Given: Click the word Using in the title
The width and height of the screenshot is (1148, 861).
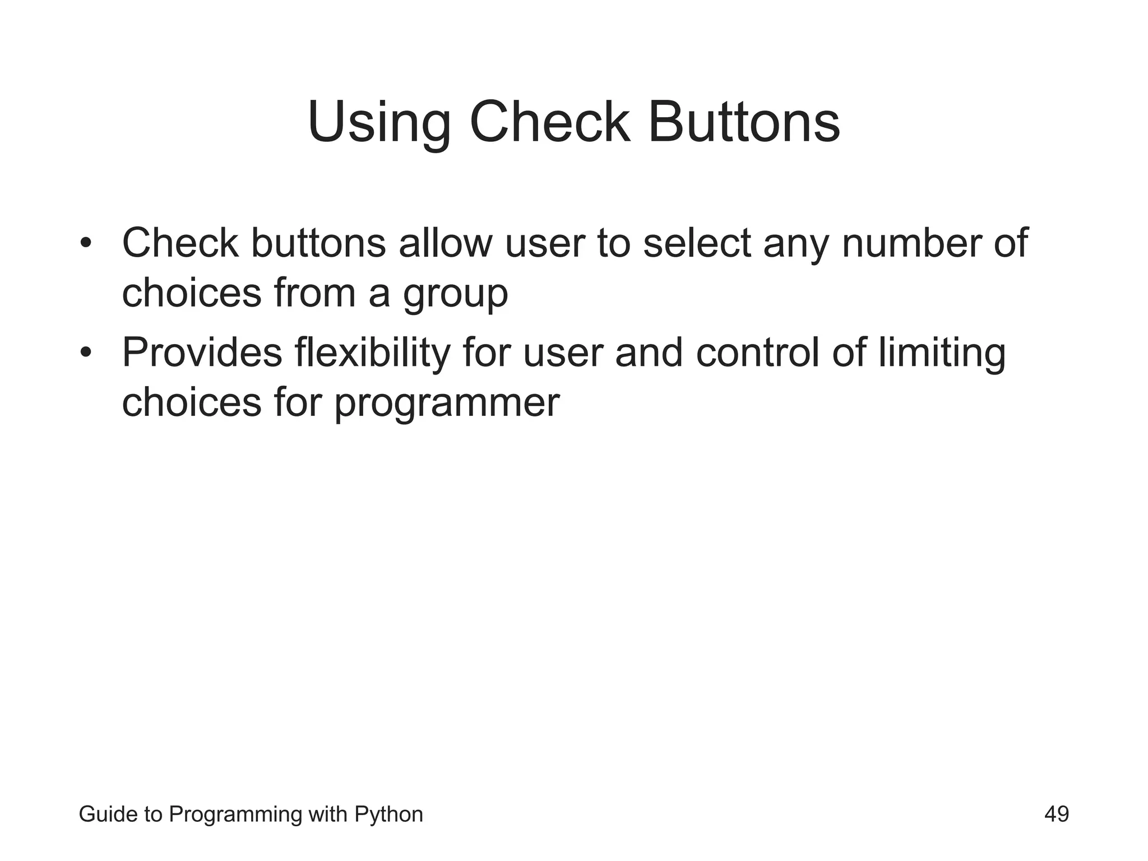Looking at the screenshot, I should click(x=379, y=123).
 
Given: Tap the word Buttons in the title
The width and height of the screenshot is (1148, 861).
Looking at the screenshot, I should click(x=743, y=123).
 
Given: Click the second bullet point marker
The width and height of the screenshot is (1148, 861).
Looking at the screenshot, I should click(x=85, y=353).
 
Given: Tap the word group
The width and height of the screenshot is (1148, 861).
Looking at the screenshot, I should click(x=455, y=295).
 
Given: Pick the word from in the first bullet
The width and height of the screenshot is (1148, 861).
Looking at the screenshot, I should click(x=315, y=294).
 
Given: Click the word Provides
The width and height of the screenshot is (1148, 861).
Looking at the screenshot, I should click(x=202, y=353).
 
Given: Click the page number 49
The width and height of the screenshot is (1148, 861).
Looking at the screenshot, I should click(x=1056, y=814).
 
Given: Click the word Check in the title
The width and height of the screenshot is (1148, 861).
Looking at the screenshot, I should click(x=549, y=123).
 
